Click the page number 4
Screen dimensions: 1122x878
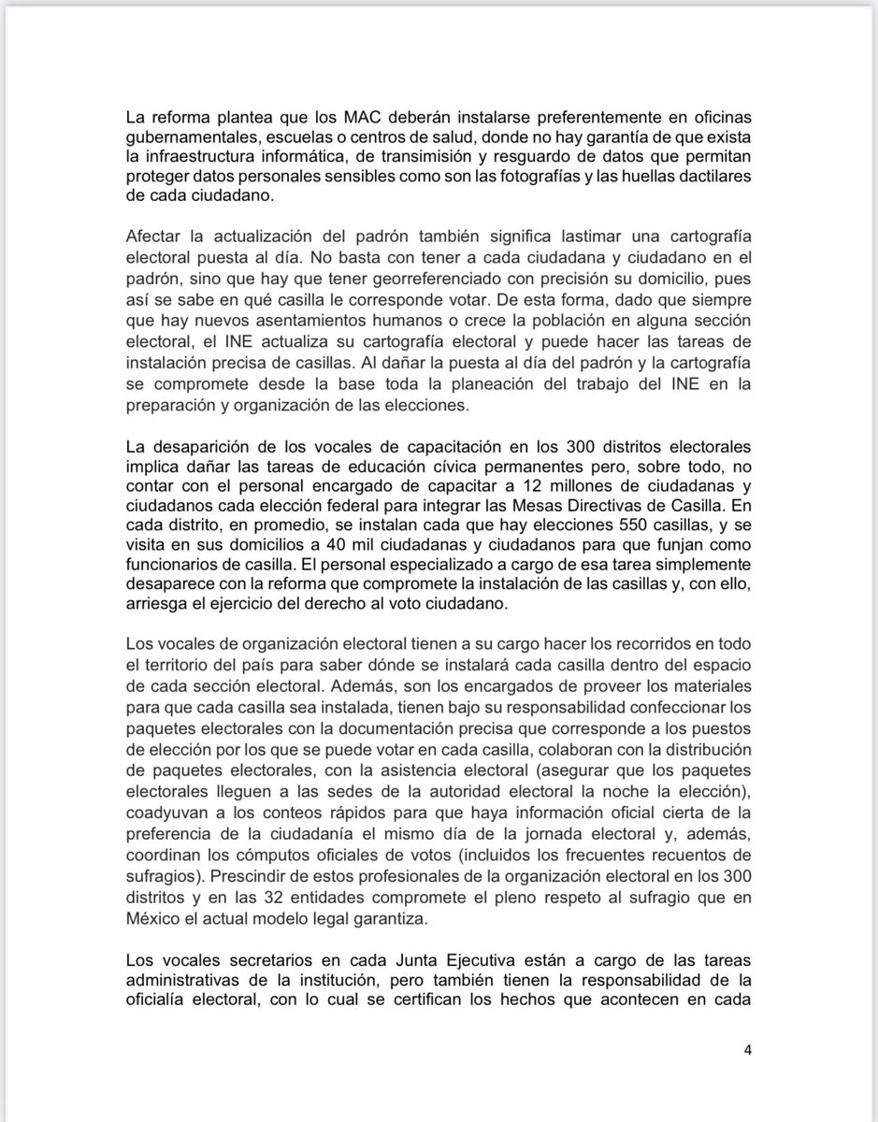[747, 1050]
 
